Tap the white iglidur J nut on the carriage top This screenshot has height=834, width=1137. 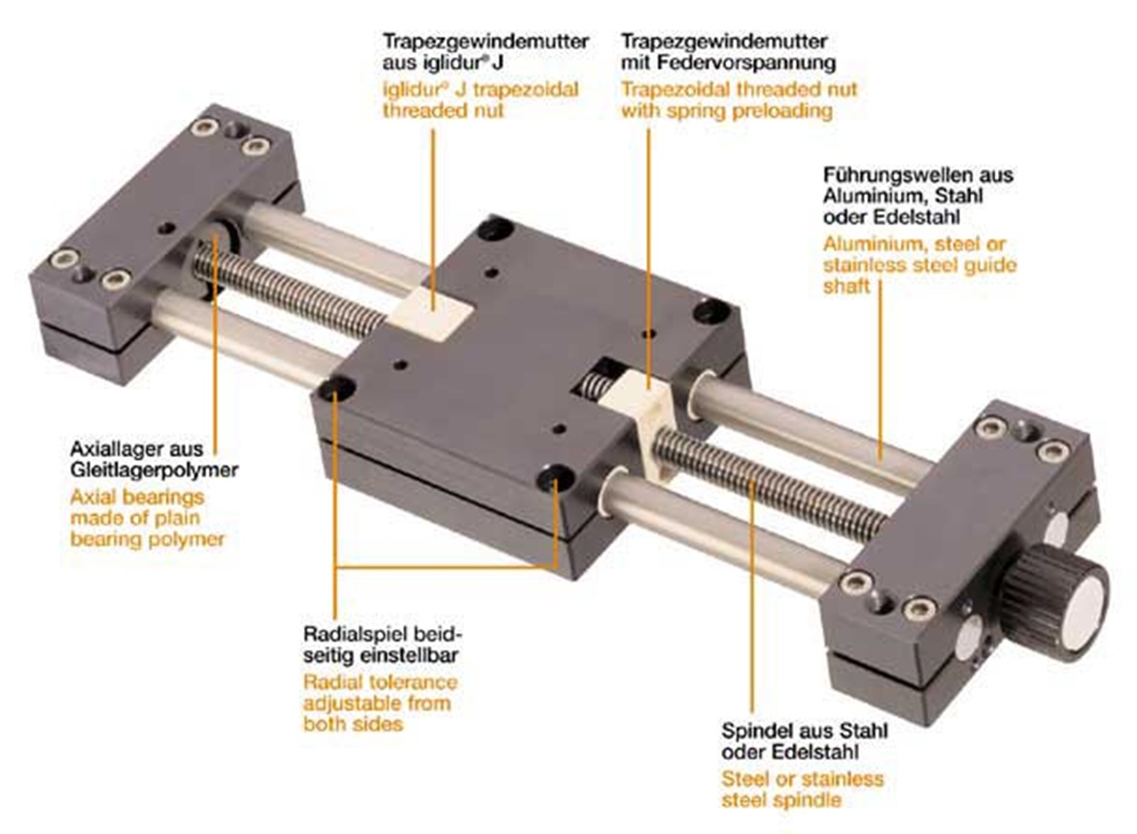click(x=432, y=313)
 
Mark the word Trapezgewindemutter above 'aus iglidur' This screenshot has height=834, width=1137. click(x=486, y=42)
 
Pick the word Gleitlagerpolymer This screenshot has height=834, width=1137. click(x=154, y=469)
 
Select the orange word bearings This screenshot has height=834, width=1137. click(x=170, y=498)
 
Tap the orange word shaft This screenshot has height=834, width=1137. click(x=846, y=287)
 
